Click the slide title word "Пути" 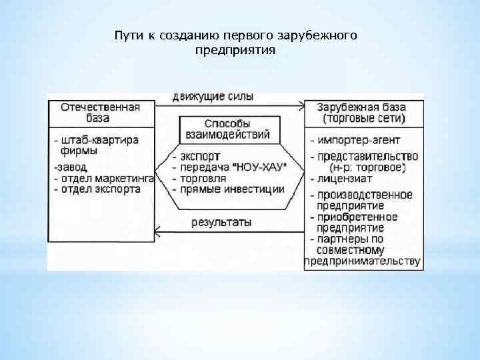tap(125, 35)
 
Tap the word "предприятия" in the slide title tap(235, 50)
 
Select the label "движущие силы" tap(213, 96)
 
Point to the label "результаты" tap(221, 223)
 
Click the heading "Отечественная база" tap(101, 113)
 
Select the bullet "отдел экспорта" tap(99, 189)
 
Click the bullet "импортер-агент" tap(353, 141)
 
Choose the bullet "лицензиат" tap(344, 179)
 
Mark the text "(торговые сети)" tap(364, 119)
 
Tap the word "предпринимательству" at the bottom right tap(363, 261)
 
